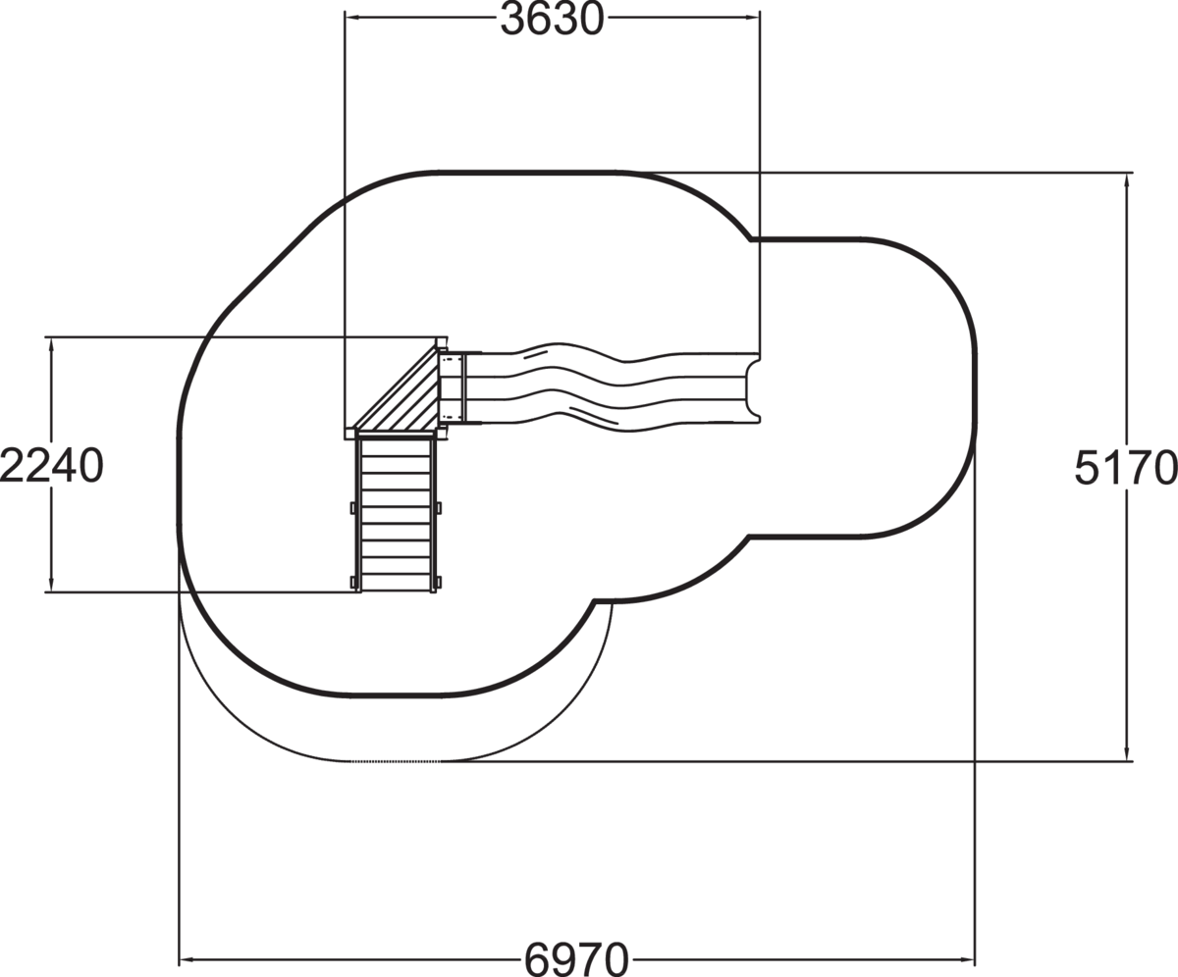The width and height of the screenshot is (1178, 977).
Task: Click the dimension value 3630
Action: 552,20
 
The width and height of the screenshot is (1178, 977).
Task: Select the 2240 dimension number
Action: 51,466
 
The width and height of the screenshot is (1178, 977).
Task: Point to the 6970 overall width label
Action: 576,959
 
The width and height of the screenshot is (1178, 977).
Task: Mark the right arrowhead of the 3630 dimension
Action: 752,18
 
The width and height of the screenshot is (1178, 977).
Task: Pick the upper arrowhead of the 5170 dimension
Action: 1127,182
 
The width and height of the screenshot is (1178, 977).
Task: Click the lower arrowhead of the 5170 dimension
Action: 1127,752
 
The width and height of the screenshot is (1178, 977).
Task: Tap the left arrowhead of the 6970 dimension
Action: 187,958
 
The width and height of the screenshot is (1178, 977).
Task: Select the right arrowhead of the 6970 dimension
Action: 967,958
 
